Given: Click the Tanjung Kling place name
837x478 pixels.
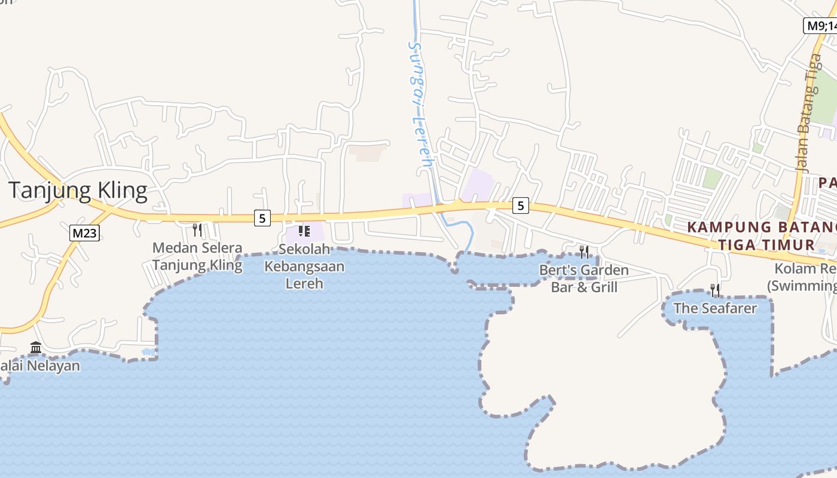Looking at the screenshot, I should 78,190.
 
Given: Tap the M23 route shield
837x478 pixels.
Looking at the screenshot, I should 84,233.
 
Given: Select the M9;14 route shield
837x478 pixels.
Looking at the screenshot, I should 821,25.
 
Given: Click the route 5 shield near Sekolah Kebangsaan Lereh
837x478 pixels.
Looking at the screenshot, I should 262,219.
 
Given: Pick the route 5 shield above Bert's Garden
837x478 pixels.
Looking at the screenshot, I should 521,206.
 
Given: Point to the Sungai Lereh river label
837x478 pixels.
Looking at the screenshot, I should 418,105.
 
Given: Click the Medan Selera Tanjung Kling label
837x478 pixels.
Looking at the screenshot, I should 197,256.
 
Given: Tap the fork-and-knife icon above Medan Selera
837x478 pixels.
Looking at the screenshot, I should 197,230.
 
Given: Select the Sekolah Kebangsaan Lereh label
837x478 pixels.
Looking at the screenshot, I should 304,266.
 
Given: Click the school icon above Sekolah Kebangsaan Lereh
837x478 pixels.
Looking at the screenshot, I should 304,231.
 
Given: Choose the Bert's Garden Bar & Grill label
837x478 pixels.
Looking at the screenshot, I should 584,278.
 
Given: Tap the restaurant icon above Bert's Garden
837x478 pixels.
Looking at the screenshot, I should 584,252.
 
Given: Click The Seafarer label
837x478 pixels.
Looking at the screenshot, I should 715,308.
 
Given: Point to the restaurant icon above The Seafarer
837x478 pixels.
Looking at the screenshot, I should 715,290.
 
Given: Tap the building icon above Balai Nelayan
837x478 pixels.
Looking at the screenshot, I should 36,347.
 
